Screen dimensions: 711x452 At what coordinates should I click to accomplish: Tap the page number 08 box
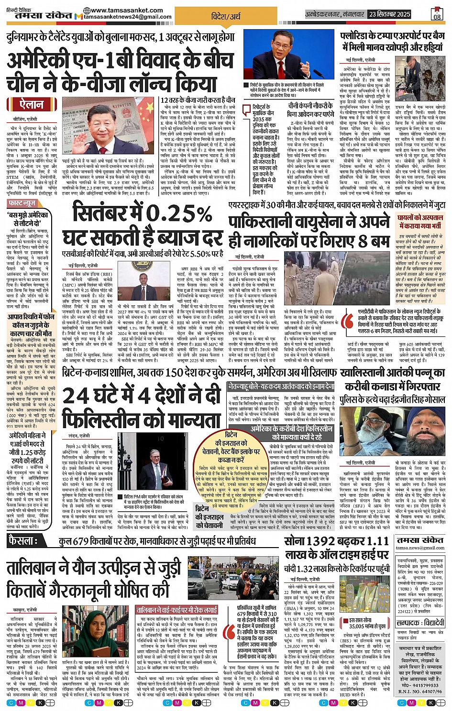(x=437, y=14)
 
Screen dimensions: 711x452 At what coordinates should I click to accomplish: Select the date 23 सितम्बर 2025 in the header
(x=389, y=14)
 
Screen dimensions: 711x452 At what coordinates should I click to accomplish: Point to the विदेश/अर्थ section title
(x=226, y=16)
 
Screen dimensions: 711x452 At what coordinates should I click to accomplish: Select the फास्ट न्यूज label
(x=22, y=204)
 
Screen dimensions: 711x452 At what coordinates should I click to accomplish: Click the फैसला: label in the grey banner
(x=23, y=540)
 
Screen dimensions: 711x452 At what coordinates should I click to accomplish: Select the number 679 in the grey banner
(x=89, y=541)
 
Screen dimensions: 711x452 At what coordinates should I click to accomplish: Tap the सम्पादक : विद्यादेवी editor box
(x=420, y=623)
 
